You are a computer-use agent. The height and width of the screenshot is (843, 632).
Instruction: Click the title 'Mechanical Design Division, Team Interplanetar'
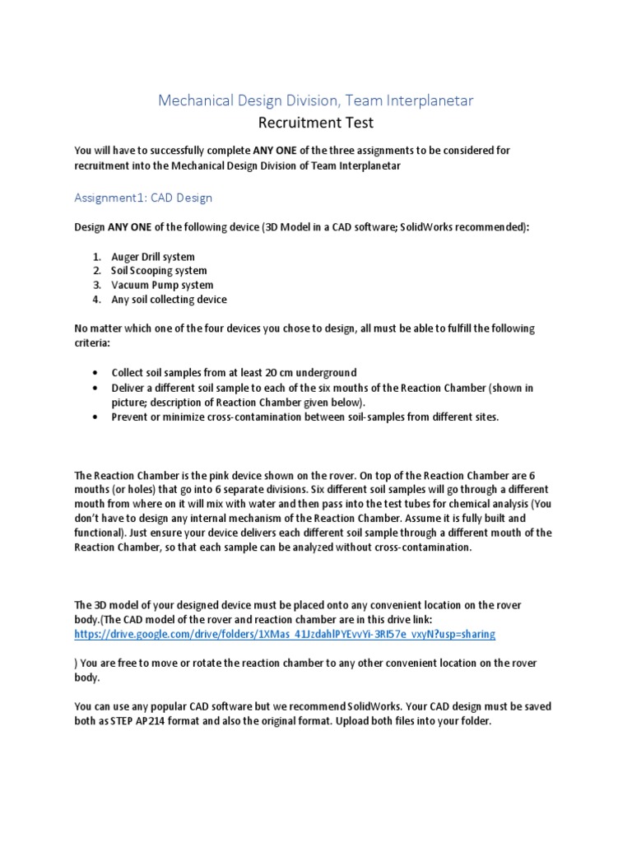coord(316,100)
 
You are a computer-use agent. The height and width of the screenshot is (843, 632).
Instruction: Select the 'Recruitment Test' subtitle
coord(316,123)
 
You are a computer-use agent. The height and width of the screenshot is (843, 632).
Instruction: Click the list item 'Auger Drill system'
coord(153,257)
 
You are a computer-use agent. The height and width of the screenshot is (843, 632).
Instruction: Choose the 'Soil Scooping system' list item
coord(159,271)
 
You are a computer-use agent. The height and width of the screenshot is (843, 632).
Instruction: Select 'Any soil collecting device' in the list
coord(169,299)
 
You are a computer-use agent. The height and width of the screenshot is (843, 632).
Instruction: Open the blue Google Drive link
coord(285,635)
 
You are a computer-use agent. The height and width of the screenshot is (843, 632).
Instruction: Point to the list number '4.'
coord(95,299)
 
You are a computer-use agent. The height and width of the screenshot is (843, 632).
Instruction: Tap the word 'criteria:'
coord(92,342)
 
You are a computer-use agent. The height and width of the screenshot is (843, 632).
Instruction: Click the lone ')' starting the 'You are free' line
coord(77,664)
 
